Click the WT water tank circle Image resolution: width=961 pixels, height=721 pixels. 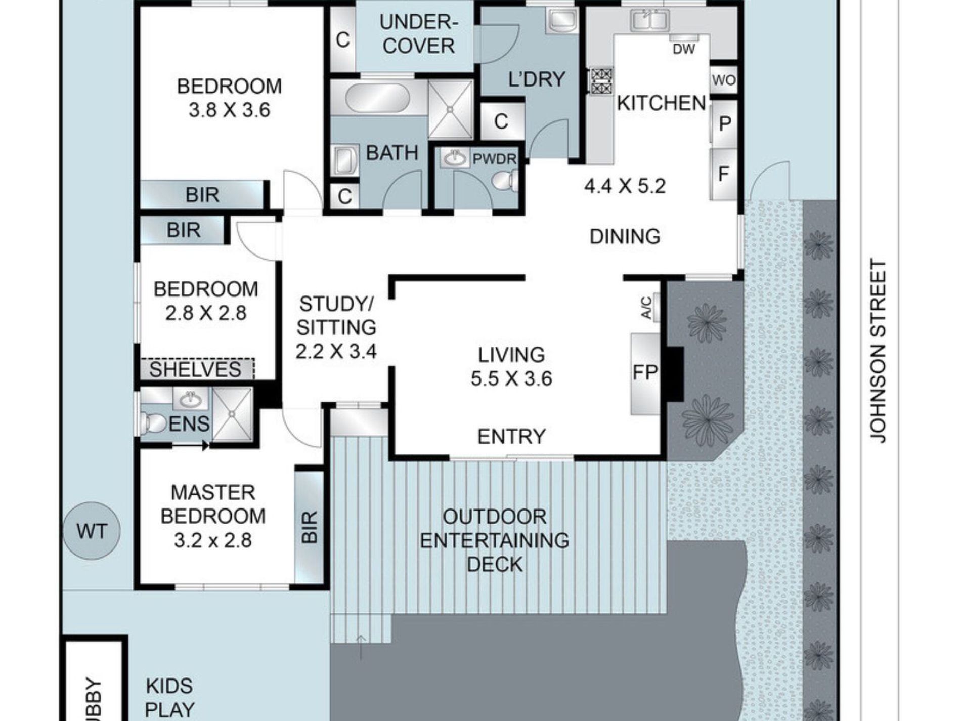(92, 531)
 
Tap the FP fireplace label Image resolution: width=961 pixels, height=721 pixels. (645, 373)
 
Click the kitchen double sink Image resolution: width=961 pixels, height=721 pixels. (649, 21)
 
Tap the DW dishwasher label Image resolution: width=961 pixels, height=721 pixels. (684, 49)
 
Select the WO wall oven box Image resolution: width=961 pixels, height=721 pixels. (724, 80)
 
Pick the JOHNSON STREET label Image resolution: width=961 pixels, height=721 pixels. (879, 352)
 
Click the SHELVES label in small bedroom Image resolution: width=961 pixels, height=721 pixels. (195, 369)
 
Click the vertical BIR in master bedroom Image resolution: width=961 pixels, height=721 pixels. (309, 527)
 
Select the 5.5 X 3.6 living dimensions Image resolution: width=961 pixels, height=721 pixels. (511, 378)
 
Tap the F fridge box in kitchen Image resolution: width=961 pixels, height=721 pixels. (723, 174)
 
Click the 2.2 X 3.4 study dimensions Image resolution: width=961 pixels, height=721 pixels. (336, 351)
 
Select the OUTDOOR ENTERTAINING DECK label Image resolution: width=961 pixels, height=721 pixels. (494, 540)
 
